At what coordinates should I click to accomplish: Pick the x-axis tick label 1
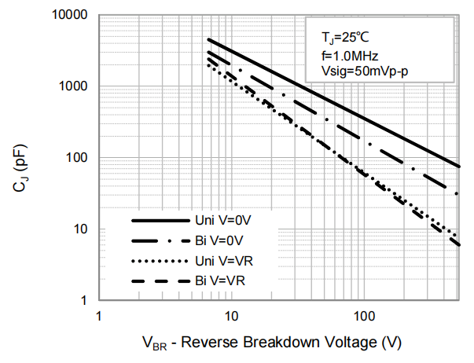98,316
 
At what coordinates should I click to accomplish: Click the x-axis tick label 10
231,316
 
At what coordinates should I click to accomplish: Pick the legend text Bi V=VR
222,280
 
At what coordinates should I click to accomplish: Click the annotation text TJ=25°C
344,36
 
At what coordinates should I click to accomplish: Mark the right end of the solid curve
459,167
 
